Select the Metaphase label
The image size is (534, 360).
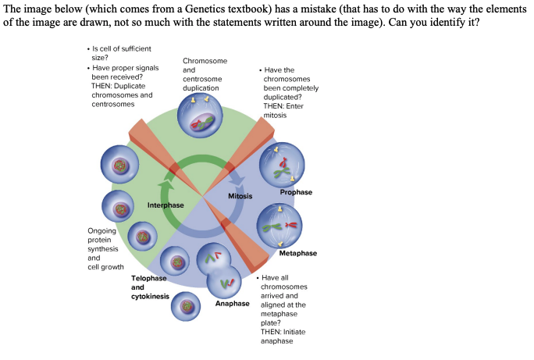[x=297, y=253]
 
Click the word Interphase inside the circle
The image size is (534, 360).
[x=166, y=205]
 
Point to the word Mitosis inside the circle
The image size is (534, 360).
[x=240, y=196]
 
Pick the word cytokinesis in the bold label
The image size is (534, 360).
[x=150, y=297]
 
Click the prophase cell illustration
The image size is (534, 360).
[x=282, y=165]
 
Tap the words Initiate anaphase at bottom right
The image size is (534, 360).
[x=278, y=337]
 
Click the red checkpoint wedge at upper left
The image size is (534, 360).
[x=151, y=144]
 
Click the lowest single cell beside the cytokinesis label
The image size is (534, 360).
[x=186, y=306]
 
